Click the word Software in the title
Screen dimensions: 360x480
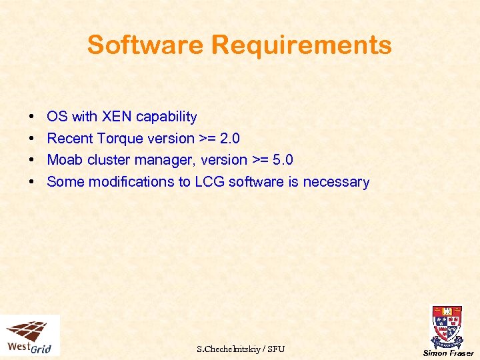coord(146,45)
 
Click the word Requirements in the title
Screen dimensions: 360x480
coord(301,45)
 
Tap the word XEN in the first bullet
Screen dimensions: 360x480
coord(115,117)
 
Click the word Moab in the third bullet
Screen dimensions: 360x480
coord(63,160)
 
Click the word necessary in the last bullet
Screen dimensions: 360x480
coord(336,182)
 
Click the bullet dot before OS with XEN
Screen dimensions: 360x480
coord(33,117)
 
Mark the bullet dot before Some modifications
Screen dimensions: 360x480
coord(33,183)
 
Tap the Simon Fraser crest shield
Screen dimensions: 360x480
coord(447,325)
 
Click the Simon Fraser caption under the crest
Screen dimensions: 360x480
coord(448,353)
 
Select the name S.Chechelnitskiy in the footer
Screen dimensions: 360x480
coord(227,349)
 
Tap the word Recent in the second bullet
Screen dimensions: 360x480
coord(70,139)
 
